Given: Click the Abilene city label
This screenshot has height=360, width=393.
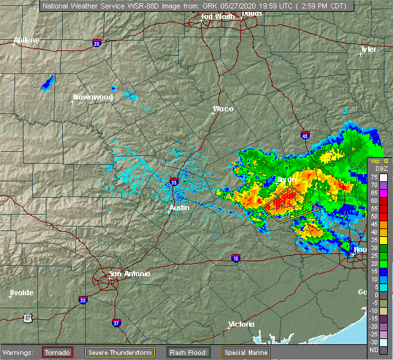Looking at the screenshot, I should pyautogui.click(x=26, y=40).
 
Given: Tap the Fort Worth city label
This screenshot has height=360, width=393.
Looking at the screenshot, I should pyautogui.click(x=215, y=16).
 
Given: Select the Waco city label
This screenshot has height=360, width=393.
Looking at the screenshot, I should pyautogui.click(x=223, y=109).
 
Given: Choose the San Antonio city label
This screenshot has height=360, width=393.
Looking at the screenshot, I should pyautogui.click(x=128, y=274).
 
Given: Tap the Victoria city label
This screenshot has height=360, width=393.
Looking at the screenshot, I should pyautogui.click(x=242, y=325).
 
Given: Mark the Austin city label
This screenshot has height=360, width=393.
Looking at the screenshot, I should pyautogui.click(x=179, y=207).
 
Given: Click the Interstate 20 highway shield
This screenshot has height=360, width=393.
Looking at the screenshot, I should pyautogui.click(x=97, y=44).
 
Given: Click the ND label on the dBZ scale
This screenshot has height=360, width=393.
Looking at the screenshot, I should pyautogui.click(x=374, y=349).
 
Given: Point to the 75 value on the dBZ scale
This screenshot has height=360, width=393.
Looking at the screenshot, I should pyautogui.click(x=374, y=177).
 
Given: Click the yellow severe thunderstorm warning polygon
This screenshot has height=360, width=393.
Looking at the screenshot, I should pyautogui.click(x=291, y=204).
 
